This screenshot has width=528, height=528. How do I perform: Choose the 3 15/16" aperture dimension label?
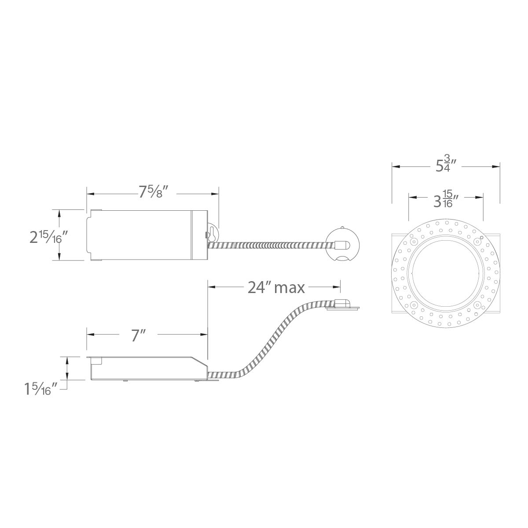point(446,200)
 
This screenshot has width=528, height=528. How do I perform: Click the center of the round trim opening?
point(446,274)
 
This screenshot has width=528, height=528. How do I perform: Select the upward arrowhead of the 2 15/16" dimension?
point(59,213)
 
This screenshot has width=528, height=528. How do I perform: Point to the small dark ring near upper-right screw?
point(482,238)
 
